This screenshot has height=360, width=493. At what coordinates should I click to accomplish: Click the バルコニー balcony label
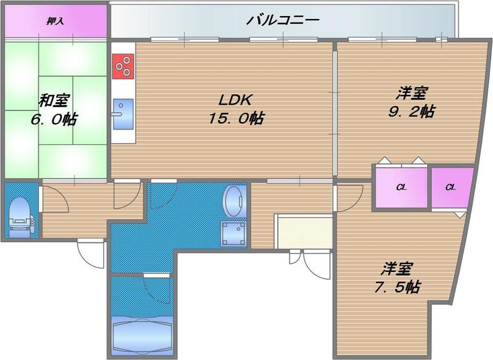[283, 20]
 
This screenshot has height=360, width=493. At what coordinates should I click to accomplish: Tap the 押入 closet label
[55, 22]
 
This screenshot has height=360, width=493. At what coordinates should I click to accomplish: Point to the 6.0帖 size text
[54, 119]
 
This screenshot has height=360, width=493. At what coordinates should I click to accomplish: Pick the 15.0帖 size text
[235, 118]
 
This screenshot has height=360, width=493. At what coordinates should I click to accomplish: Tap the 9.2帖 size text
[412, 112]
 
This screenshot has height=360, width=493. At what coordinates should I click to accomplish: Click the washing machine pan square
[234, 234]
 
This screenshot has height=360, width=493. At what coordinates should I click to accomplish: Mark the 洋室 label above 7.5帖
[396, 269]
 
